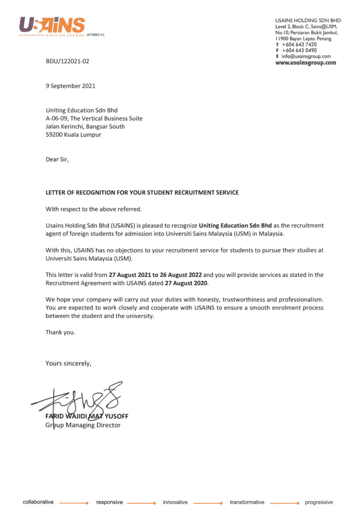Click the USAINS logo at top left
pyautogui.click(x=52, y=25)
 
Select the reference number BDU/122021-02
pyautogui.click(x=67, y=61)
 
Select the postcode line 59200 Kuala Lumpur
pyautogui.click(x=73, y=135)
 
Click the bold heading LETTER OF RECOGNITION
pyautogui.click(x=142, y=193)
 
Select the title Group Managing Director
pyautogui.click(x=83, y=425)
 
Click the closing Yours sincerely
pyautogui.click(x=68, y=363)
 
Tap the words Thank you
pyautogui.click(x=60, y=333)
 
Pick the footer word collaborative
pyautogui.click(x=38, y=502)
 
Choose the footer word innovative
pyautogui.click(x=175, y=502)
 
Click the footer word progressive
pyautogui.click(x=319, y=502)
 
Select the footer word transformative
pyautogui.click(x=247, y=502)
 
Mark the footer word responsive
pyautogui.click(x=110, y=502)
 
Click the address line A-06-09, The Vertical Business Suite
pyautogui.click(x=94, y=119)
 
